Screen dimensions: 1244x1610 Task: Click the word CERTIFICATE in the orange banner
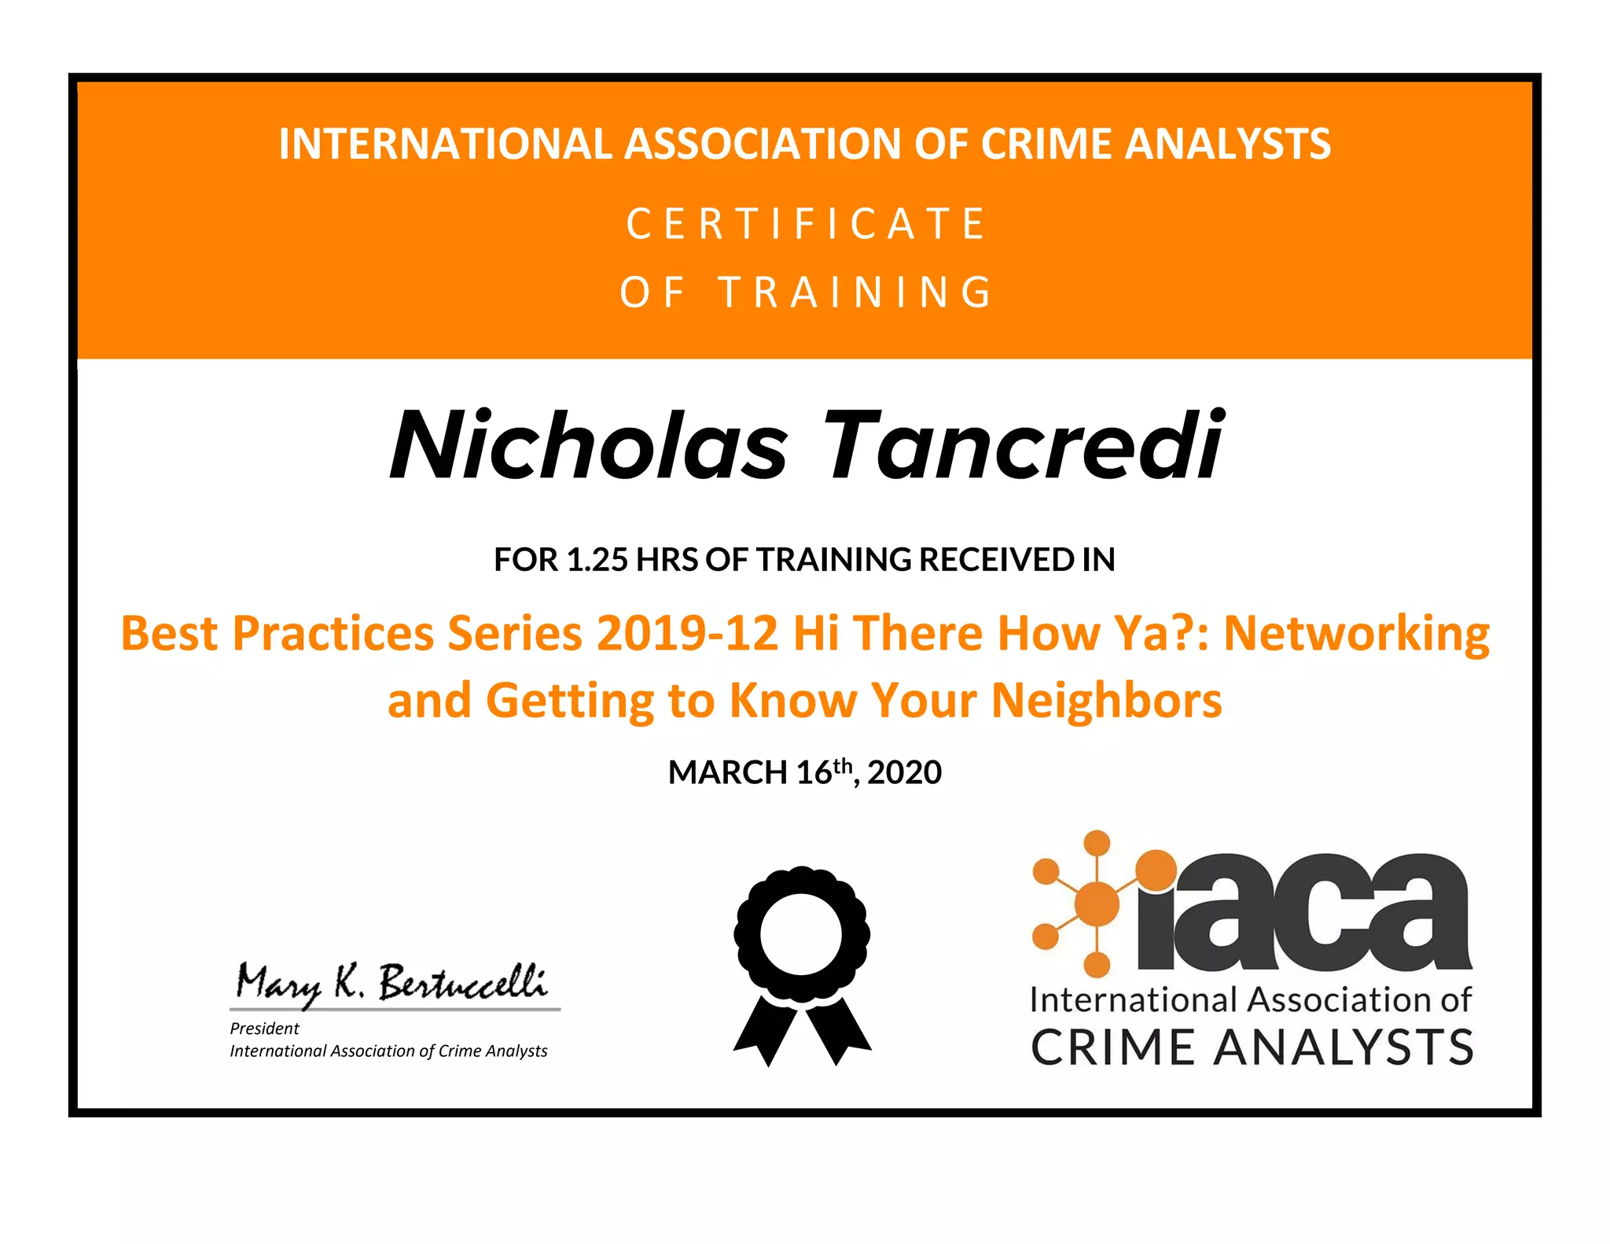[x=806, y=224]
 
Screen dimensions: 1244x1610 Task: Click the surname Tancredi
[x=1022, y=446]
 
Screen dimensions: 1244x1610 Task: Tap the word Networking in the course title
[x=1356, y=633]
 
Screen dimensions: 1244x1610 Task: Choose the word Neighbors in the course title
[x=1106, y=700]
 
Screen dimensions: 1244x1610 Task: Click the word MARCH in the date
[x=727, y=773]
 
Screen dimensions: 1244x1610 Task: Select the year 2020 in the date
[x=904, y=773]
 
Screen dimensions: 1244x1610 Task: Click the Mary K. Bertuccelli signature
[x=391, y=984]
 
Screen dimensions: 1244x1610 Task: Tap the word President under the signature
[x=264, y=1029]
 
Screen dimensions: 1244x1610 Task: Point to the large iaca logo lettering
[x=1305, y=912]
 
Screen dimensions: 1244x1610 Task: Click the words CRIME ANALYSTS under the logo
[x=1252, y=1047]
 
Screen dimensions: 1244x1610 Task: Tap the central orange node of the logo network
[x=1097, y=904]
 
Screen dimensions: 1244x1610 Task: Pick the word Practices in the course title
[x=333, y=633]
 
